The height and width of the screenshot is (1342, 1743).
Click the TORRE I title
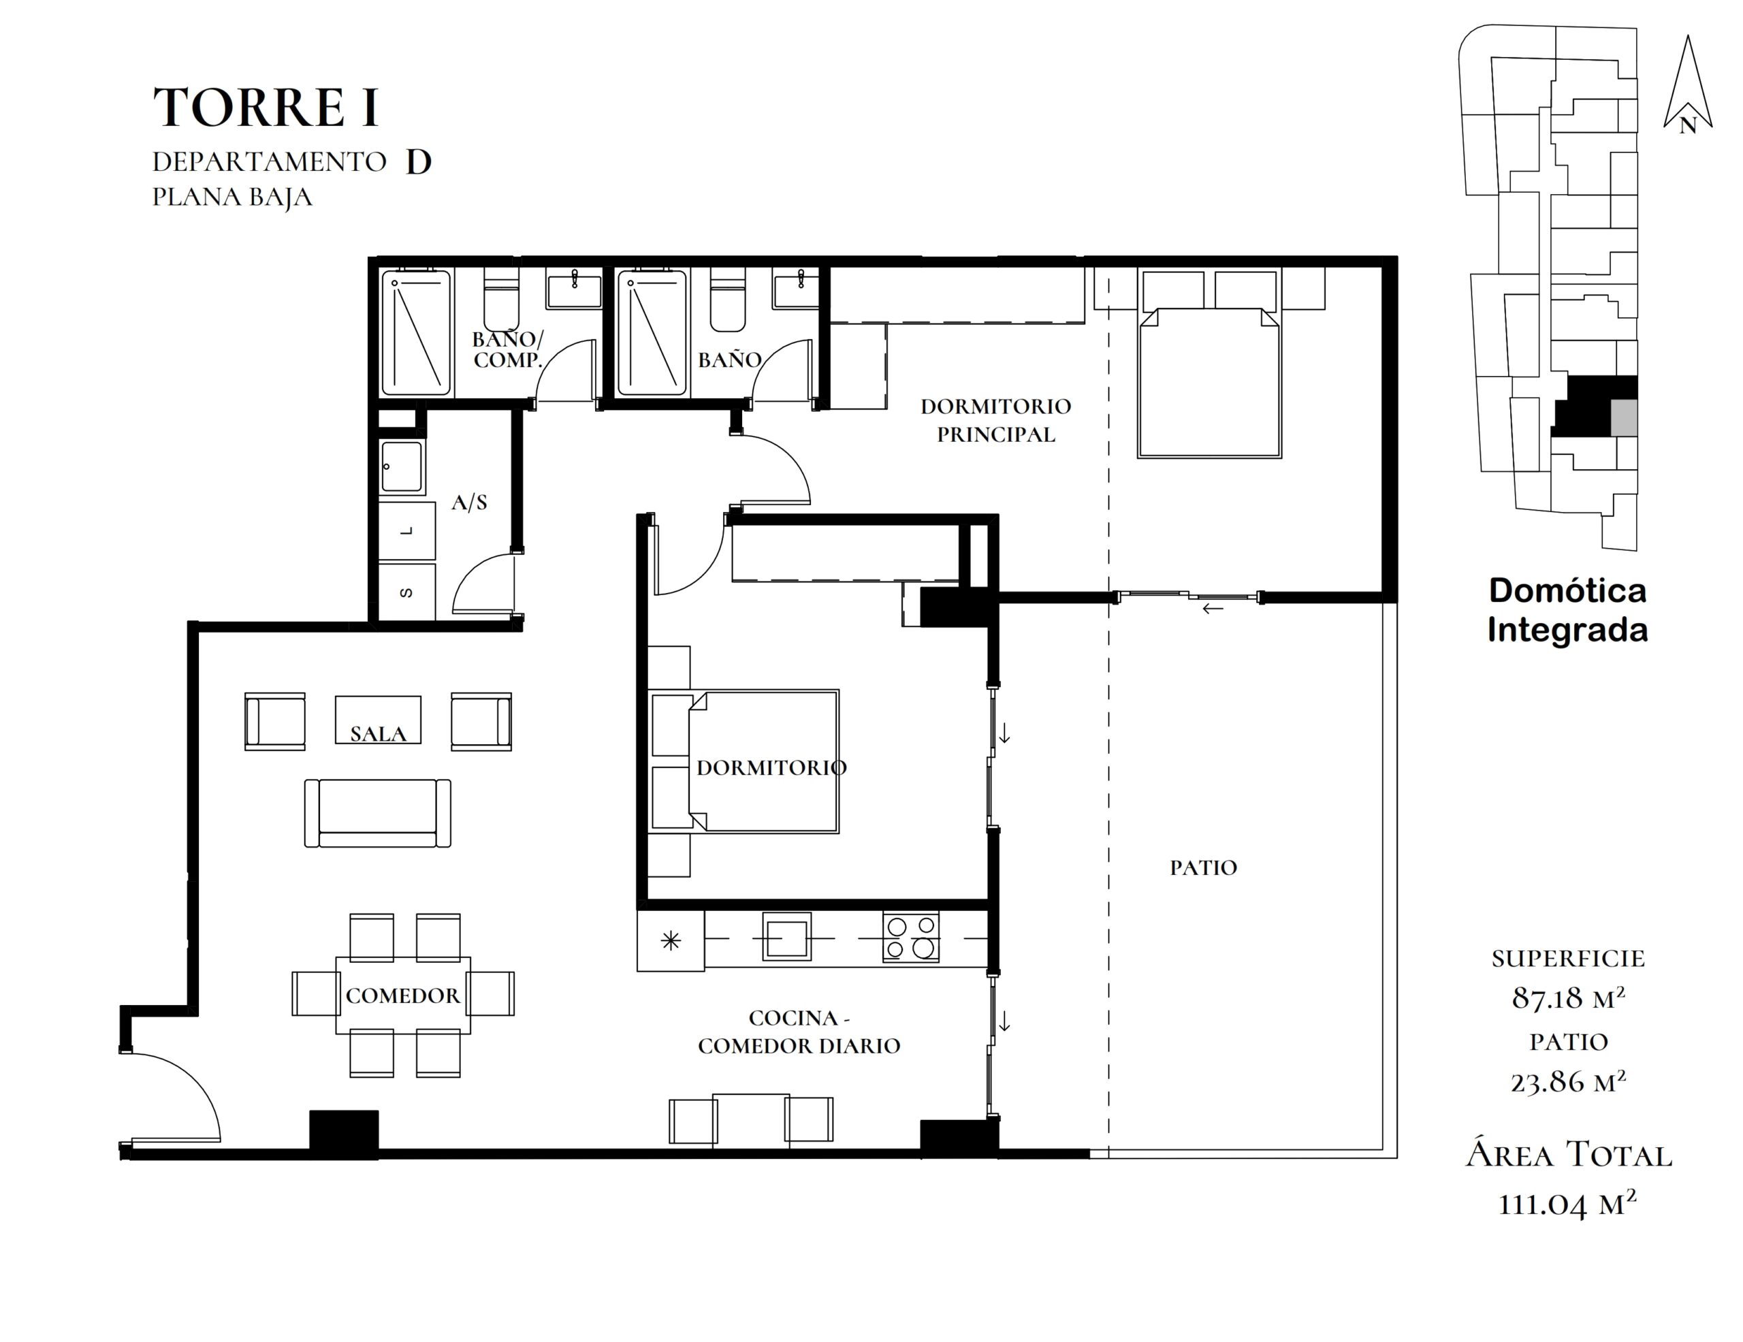(x=265, y=107)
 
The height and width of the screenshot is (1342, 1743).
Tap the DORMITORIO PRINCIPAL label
(x=995, y=421)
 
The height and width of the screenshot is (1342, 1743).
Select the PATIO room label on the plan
(x=1204, y=868)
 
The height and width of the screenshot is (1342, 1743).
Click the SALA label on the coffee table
(x=379, y=734)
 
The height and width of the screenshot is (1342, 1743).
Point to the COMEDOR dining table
(x=403, y=995)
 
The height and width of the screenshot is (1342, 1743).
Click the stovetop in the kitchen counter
(x=910, y=937)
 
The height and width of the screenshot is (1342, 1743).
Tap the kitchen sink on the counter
(x=787, y=936)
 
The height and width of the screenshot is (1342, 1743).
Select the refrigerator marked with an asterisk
(x=671, y=941)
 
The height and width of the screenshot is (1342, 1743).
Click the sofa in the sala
(x=377, y=813)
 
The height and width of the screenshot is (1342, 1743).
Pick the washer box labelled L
(x=407, y=530)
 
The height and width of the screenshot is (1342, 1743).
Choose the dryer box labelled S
(x=407, y=592)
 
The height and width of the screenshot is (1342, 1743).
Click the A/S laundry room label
(x=469, y=502)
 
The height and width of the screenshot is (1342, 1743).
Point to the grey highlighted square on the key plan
(x=1624, y=418)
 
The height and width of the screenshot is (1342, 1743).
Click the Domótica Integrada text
(x=1567, y=610)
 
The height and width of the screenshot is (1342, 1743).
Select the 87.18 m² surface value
(x=1568, y=998)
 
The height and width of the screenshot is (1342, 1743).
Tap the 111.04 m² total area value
(x=1568, y=1204)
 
